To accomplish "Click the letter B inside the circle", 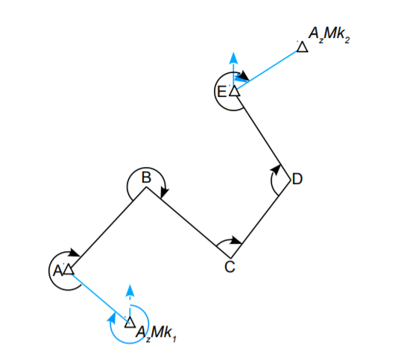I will coord(147,177).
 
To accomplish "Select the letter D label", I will coord(298,179).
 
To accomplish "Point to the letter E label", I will coord(221,92).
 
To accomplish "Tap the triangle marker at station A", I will coord(69,269).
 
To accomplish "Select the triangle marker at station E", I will coord(234,91).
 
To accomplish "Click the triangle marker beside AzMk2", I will coord(302,47).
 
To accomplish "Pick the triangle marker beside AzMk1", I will coord(130,322).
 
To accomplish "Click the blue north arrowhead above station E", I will coord(234,57).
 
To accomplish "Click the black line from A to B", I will coord(107,228).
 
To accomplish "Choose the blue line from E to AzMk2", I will coord(268,69).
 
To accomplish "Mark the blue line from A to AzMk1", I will coord(99,295).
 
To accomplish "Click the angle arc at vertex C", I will coord(227,242).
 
